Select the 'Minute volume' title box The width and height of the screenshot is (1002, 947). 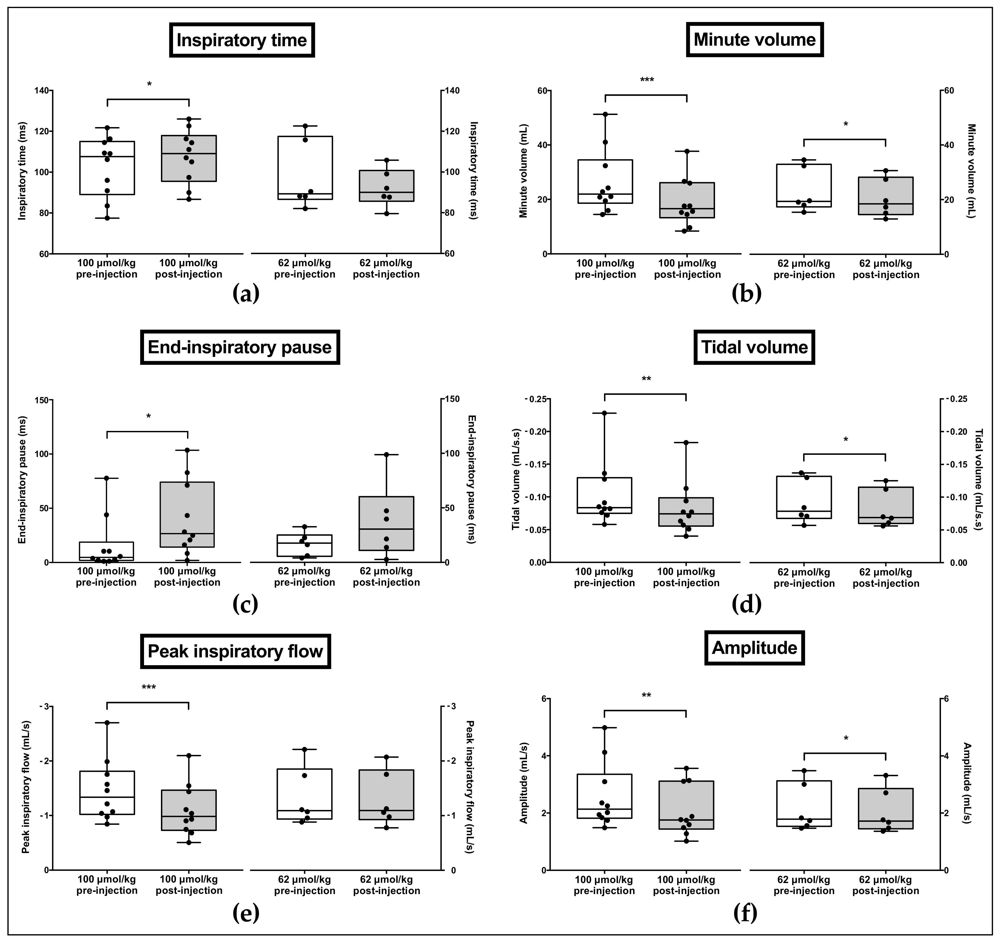(x=754, y=39)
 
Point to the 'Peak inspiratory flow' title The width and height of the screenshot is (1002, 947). (x=235, y=651)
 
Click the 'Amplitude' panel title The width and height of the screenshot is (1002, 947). (x=754, y=648)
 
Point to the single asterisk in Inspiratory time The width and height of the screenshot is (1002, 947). (x=149, y=84)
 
